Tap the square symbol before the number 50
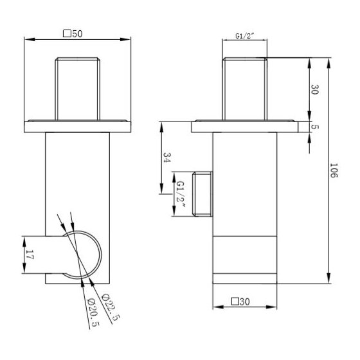(67, 34)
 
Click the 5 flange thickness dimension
(316, 127)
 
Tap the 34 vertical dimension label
(167, 157)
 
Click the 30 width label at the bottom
(249, 301)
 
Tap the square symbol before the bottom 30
(237, 301)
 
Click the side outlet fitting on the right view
(203, 195)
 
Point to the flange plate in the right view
(244, 127)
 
